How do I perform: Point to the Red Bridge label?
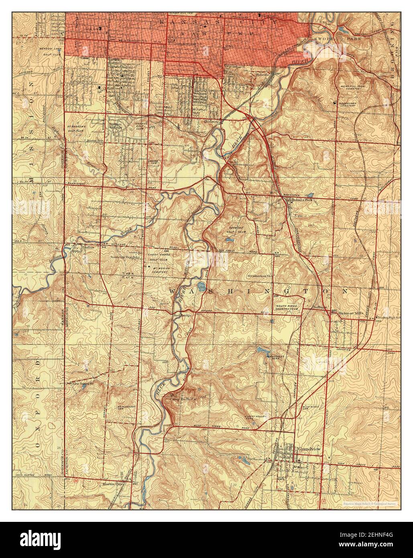182,316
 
